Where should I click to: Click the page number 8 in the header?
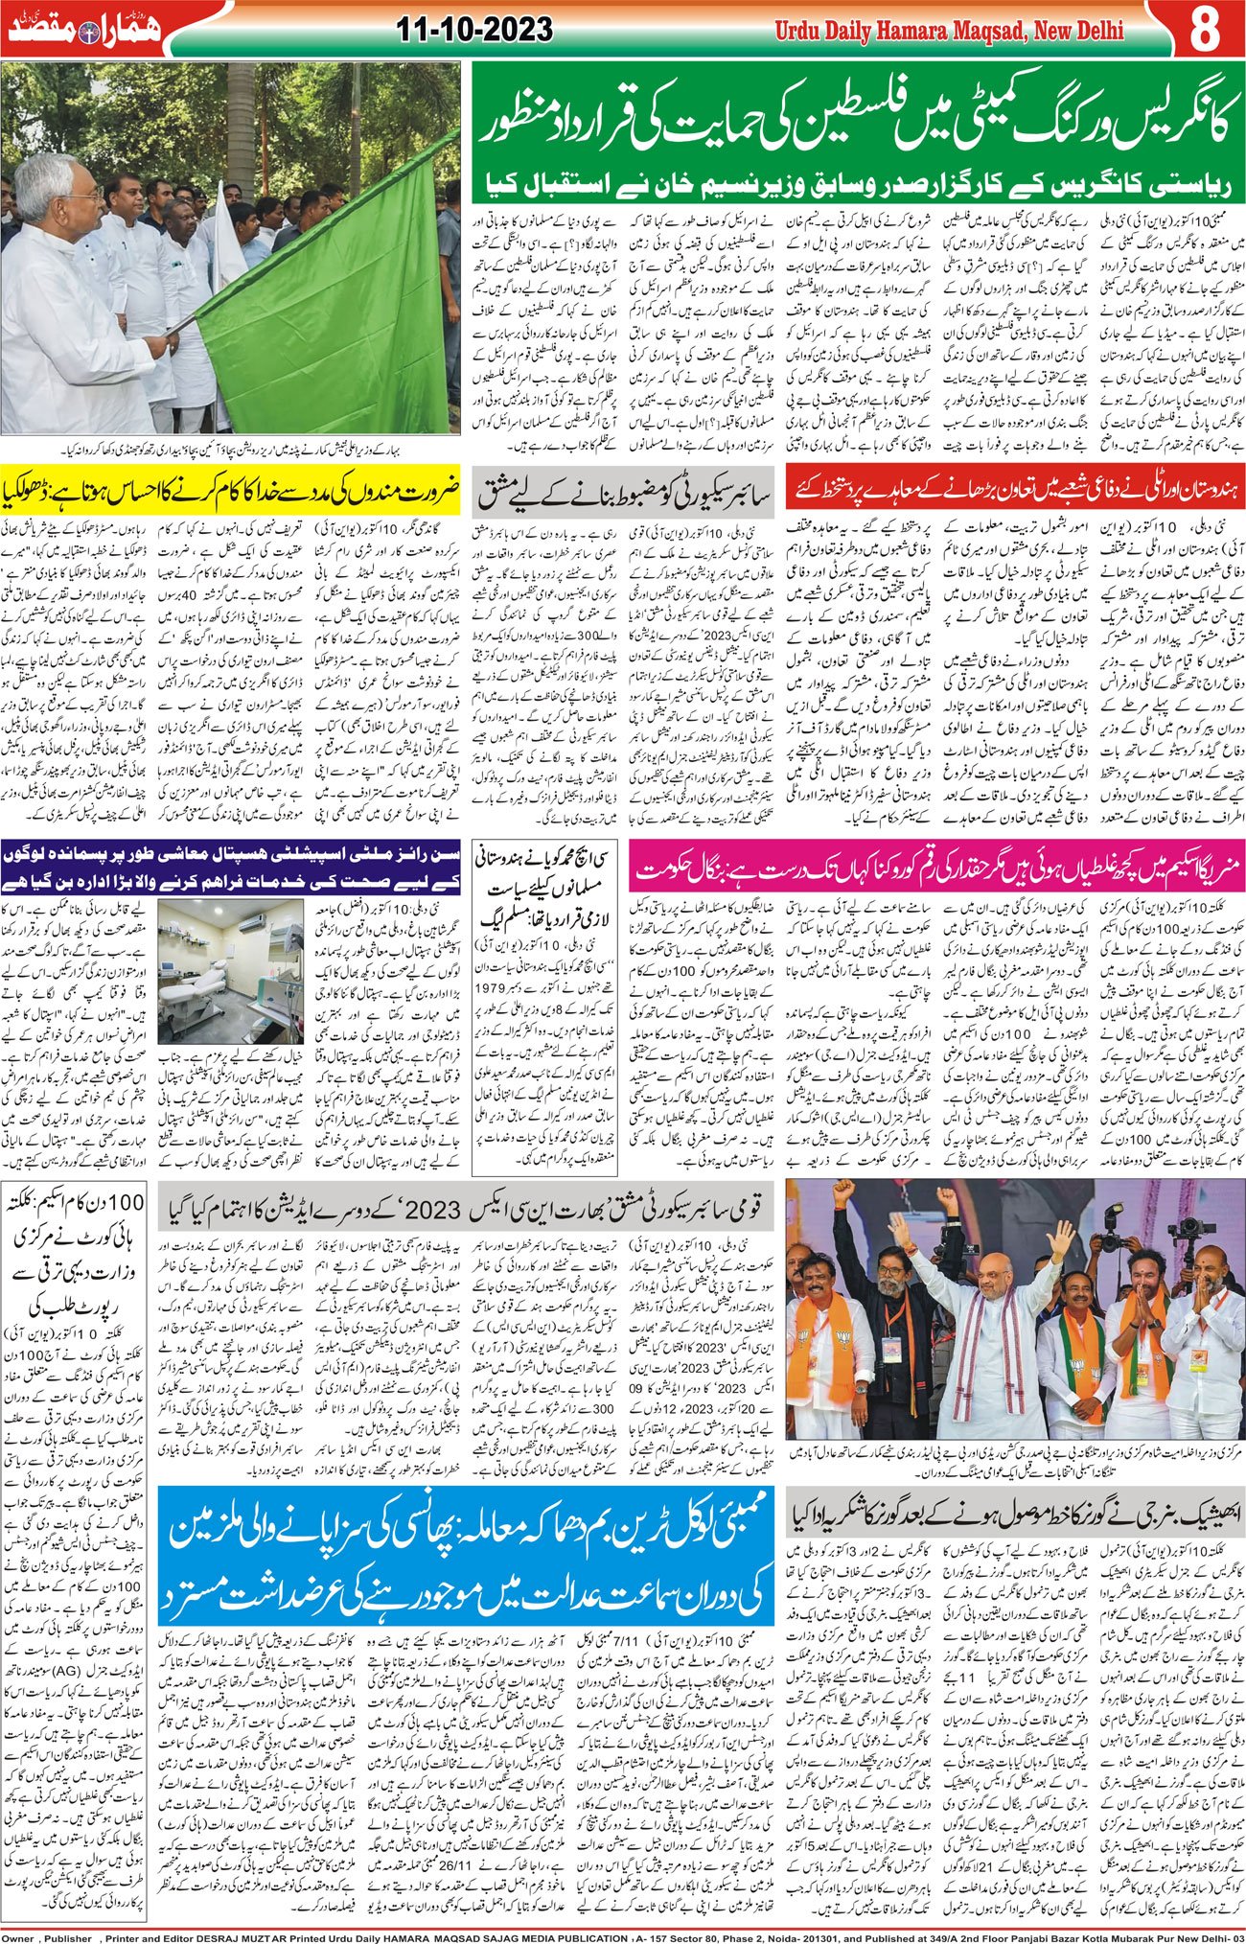coord(1205,31)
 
